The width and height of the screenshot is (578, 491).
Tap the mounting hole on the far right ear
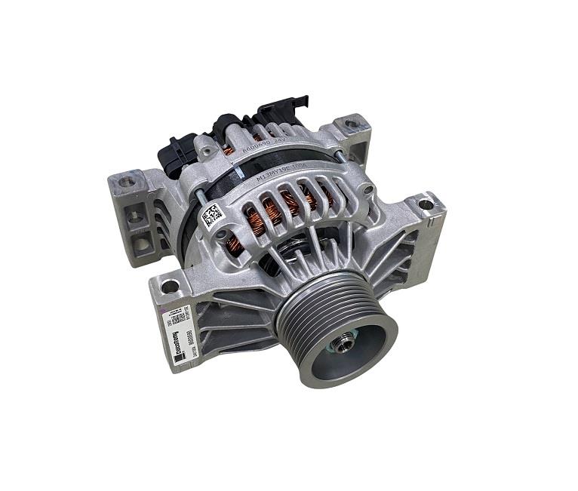click(426, 204)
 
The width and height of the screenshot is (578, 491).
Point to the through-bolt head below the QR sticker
click(220, 235)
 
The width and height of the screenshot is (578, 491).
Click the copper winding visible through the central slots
click(291, 204)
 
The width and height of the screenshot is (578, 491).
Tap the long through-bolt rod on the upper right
click(337, 155)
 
